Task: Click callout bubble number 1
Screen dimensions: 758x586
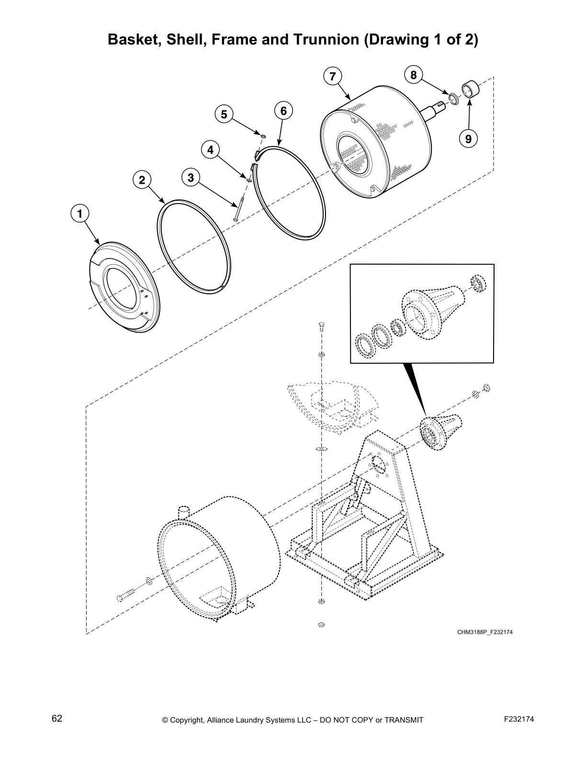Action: [x=80, y=213]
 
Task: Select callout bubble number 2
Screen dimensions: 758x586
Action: [x=142, y=180]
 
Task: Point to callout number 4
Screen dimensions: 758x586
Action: [x=210, y=150]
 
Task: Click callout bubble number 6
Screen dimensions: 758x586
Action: [x=283, y=111]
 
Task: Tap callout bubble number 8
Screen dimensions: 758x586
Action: [x=414, y=75]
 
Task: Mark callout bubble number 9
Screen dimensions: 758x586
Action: [x=468, y=139]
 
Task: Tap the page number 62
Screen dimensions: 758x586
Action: [x=57, y=718]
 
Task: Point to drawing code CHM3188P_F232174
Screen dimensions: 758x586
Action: [x=485, y=632]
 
